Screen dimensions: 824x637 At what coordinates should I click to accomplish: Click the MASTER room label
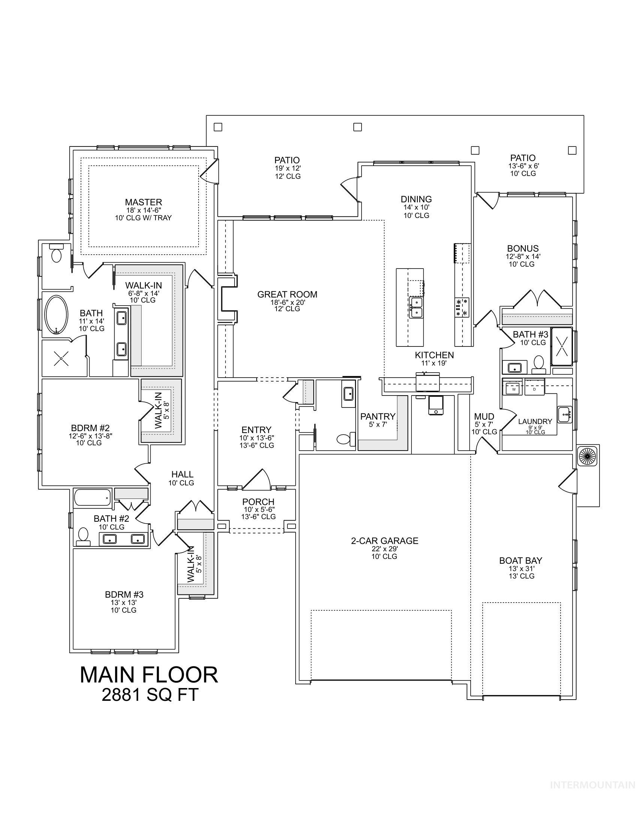pos(144,202)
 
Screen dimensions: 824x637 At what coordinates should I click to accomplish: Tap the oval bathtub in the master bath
pos(57,315)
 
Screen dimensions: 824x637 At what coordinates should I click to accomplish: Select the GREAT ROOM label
pos(287,294)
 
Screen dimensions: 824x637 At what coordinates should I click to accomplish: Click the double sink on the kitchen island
pos(416,307)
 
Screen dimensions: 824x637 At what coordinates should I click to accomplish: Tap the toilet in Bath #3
pos(538,363)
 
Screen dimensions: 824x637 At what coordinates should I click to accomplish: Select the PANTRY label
pos(378,416)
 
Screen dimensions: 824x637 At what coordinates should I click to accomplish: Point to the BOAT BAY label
pos(521,561)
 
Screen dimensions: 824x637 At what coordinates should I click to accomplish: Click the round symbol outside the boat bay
pos(588,456)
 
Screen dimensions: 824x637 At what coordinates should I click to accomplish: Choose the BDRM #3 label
pos(124,595)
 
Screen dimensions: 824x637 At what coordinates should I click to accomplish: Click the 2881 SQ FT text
pos(150,694)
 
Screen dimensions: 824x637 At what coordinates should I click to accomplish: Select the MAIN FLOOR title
pos(149,675)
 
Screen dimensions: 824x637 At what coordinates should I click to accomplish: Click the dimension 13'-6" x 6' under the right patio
pos(523,166)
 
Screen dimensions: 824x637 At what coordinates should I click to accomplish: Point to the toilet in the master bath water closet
pos(57,255)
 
